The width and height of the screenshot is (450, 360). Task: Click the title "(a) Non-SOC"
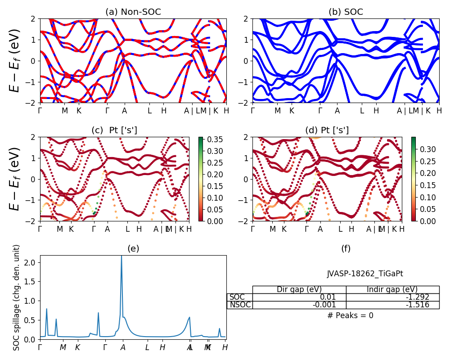tap(133, 12)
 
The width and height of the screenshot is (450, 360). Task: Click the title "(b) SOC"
tap(346, 12)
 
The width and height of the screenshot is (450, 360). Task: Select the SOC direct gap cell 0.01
tap(299, 297)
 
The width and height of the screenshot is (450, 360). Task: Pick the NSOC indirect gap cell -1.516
tap(392, 305)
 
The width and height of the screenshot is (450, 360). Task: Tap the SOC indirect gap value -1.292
tap(392, 297)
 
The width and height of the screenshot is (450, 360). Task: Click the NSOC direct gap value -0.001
tap(299, 305)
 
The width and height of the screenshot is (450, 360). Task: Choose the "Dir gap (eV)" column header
tap(299, 289)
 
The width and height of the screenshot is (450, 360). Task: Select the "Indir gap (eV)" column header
tap(392, 289)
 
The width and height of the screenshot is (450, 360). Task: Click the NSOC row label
tap(240, 305)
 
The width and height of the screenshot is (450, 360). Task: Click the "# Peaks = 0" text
tap(351, 315)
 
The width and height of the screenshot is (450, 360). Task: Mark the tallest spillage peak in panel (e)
tap(121, 256)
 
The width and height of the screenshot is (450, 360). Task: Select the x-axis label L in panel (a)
tap(150, 111)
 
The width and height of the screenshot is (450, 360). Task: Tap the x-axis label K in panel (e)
tap(77, 347)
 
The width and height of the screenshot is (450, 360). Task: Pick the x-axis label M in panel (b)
tap(277, 111)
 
